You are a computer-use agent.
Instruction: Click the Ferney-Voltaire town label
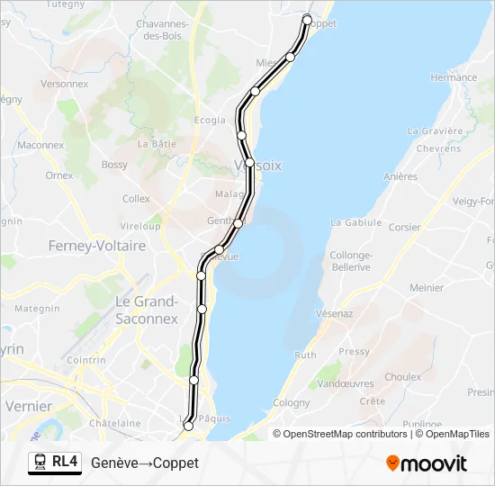(96, 245)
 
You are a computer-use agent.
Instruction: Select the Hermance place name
(454, 78)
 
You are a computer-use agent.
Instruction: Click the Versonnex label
(65, 84)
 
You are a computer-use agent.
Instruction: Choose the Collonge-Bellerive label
(351, 261)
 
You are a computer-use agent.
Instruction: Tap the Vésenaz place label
(334, 313)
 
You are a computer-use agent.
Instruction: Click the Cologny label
(291, 403)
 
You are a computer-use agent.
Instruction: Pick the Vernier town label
(29, 406)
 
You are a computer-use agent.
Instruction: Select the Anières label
(400, 176)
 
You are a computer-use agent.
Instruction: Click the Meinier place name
(427, 288)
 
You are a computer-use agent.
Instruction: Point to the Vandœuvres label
(346, 383)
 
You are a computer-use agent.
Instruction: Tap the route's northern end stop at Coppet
(307, 19)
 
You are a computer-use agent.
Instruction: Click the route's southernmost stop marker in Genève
(187, 426)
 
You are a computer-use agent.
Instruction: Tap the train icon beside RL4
(40, 463)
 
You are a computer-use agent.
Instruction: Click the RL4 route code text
(65, 462)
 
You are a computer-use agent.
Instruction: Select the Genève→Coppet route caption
(145, 463)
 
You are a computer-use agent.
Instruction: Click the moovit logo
(427, 463)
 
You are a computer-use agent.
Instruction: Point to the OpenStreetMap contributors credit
(346, 434)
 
